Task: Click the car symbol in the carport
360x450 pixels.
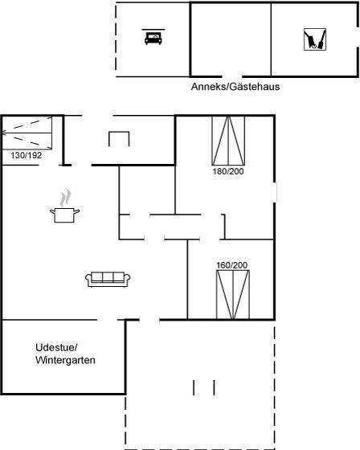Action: pyautogui.click(x=153, y=37)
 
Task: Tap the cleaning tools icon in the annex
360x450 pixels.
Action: pyautogui.click(x=315, y=39)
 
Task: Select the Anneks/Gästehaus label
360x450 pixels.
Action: pyautogui.click(x=235, y=87)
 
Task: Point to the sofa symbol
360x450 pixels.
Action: pyautogui.click(x=108, y=279)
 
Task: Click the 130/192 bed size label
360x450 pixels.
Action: pyautogui.click(x=27, y=156)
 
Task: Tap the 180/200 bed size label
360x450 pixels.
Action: pyautogui.click(x=228, y=171)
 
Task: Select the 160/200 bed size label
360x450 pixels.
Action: pyautogui.click(x=232, y=265)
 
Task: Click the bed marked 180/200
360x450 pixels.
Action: pyautogui.click(x=228, y=141)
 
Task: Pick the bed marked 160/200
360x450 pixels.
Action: pyautogui.click(x=233, y=294)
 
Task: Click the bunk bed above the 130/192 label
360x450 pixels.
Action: pyautogui.click(x=27, y=133)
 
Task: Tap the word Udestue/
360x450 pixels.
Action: pyautogui.click(x=56, y=347)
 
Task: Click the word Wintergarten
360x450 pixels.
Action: pyautogui.click(x=65, y=360)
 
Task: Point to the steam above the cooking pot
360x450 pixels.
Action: pyautogui.click(x=66, y=198)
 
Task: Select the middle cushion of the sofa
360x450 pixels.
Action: pyautogui.click(x=108, y=277)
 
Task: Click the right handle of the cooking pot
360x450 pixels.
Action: pyautogui.click(x=77, y=212)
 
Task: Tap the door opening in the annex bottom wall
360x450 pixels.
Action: pyautogui.click(x=232, y=76)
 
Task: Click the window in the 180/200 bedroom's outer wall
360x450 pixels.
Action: pyautogui.click(x=274, y=192)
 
